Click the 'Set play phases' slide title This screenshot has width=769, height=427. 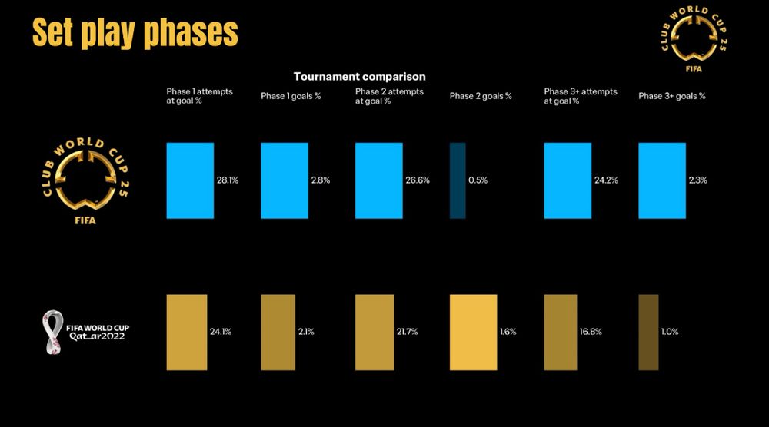pos(135,33)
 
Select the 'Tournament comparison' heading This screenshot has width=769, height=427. pos(359,77)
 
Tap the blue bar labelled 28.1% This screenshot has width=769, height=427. pos(190,180)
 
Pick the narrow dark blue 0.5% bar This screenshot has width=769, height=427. pos(458,180)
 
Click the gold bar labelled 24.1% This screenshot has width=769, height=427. pos(187,332)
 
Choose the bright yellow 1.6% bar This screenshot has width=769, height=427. pos(473,332)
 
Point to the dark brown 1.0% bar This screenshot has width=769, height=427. pos(648,332)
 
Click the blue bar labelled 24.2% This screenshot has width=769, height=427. pos(568,180)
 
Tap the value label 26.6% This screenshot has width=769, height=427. pos(418,180)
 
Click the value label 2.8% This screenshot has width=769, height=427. pos(321,180)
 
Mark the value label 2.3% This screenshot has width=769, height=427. pos(698,180)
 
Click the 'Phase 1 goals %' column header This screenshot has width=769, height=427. pos(291,97)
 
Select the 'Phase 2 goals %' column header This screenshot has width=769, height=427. pos(481,97)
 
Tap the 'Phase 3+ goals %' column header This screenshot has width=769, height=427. pos(672,97)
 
